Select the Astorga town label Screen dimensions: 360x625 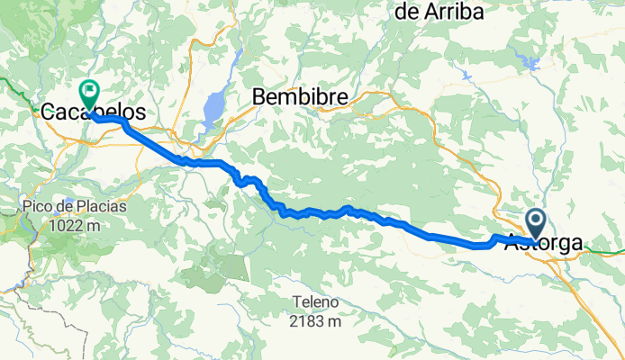543,242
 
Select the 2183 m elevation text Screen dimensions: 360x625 313,320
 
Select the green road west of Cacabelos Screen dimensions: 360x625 14,86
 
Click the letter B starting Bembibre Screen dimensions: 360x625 259,95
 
